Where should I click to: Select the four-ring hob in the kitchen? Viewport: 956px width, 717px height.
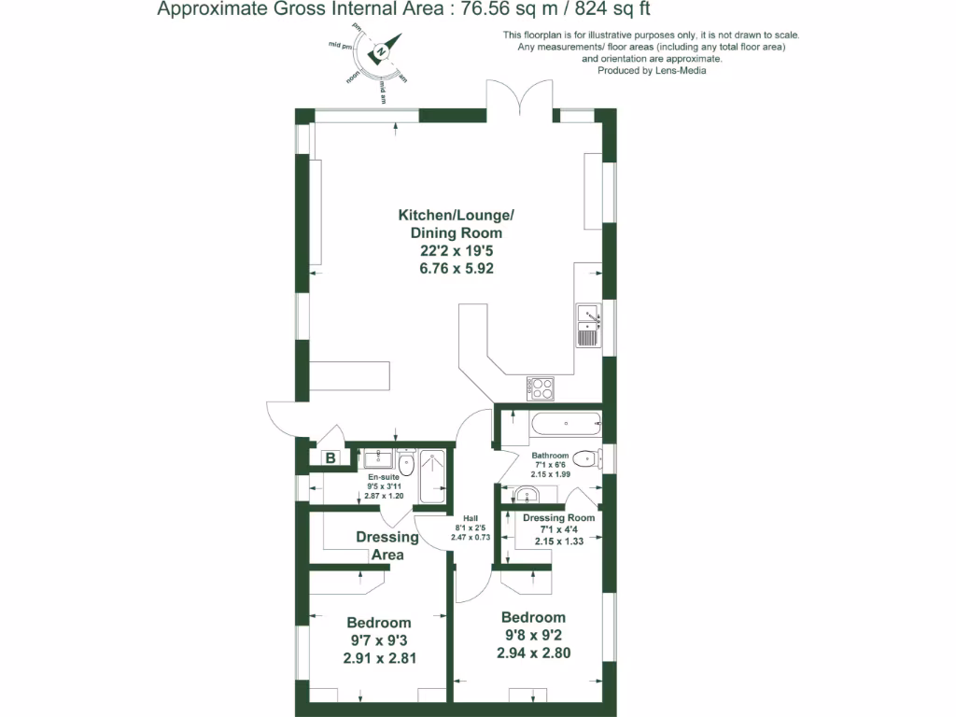click(541, 387)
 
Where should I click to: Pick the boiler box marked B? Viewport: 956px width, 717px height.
click(330, 457)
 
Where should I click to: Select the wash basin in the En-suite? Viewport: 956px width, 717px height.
click(379, 457)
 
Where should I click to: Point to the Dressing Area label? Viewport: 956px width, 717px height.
click(387, 546)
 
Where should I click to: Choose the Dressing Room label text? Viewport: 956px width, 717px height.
click(558, 518)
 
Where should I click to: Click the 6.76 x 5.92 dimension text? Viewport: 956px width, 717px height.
click(457, 268)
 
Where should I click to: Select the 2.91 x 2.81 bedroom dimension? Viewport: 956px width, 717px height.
click(379, 657)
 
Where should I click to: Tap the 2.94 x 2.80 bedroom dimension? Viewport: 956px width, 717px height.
click(533, 653)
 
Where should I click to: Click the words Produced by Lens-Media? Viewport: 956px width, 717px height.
click(651, 70)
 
